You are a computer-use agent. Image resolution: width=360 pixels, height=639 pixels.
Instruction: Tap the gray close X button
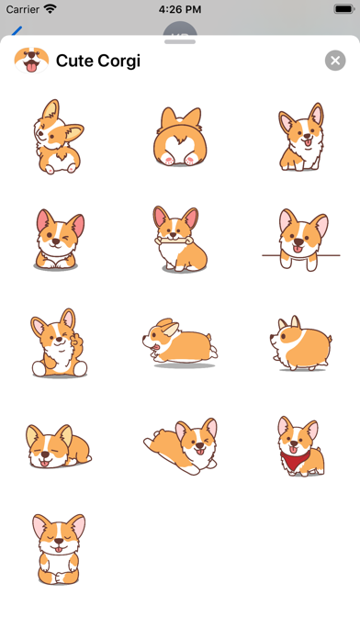(335, 61)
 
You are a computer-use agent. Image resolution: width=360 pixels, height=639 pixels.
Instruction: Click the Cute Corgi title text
(98, 62)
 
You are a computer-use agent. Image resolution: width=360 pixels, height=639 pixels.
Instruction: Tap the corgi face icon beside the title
(30, 61)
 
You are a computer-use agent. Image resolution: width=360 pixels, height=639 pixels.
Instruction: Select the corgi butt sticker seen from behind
(180, 137)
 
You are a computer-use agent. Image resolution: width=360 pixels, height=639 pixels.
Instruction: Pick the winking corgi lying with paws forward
(55, 239)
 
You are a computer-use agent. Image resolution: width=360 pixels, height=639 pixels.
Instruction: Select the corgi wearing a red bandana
(300, 446)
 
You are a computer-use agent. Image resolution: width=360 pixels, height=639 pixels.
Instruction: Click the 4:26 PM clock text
(180, 8)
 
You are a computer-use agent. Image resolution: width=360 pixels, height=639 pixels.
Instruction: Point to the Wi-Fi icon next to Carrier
(51, 8)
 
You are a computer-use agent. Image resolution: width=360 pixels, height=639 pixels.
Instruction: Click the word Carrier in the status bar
(22, 8)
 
